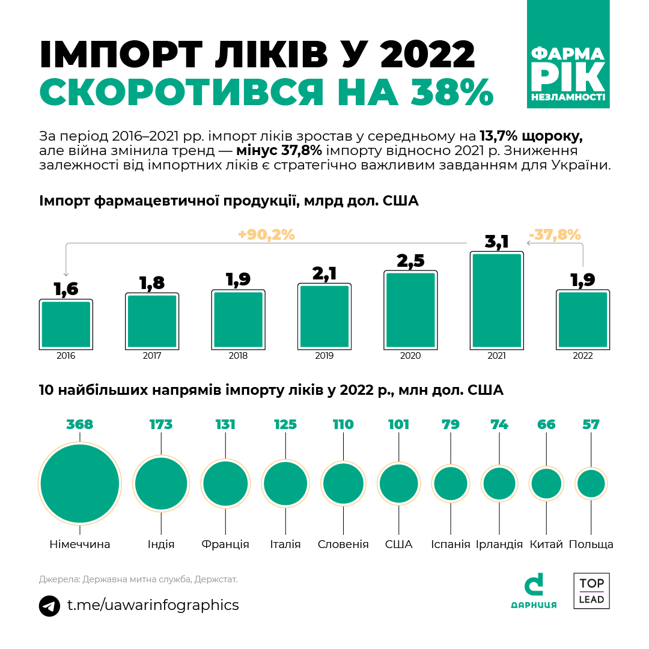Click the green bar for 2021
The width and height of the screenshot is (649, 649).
496,300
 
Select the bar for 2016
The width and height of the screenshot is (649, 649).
66,324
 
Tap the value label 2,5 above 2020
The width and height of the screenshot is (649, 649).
410,261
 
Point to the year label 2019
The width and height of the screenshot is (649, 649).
324,356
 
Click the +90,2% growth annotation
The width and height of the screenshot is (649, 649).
266,235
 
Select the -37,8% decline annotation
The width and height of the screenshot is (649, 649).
554,234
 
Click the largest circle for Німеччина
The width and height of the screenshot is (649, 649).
80,484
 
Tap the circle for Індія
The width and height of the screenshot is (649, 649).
161,484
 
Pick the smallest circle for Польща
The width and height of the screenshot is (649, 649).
591,484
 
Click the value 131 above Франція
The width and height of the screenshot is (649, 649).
225,425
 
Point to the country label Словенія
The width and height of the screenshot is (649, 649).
343,544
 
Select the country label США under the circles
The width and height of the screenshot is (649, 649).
398,544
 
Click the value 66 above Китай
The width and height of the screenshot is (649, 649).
546,425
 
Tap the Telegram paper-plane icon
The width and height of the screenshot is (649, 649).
49,605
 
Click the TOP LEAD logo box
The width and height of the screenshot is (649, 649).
591,591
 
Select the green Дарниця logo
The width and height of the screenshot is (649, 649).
534,591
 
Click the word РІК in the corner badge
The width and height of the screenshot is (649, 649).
568,77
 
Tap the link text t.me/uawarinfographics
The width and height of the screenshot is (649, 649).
153,605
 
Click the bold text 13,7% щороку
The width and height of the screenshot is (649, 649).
531,134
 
